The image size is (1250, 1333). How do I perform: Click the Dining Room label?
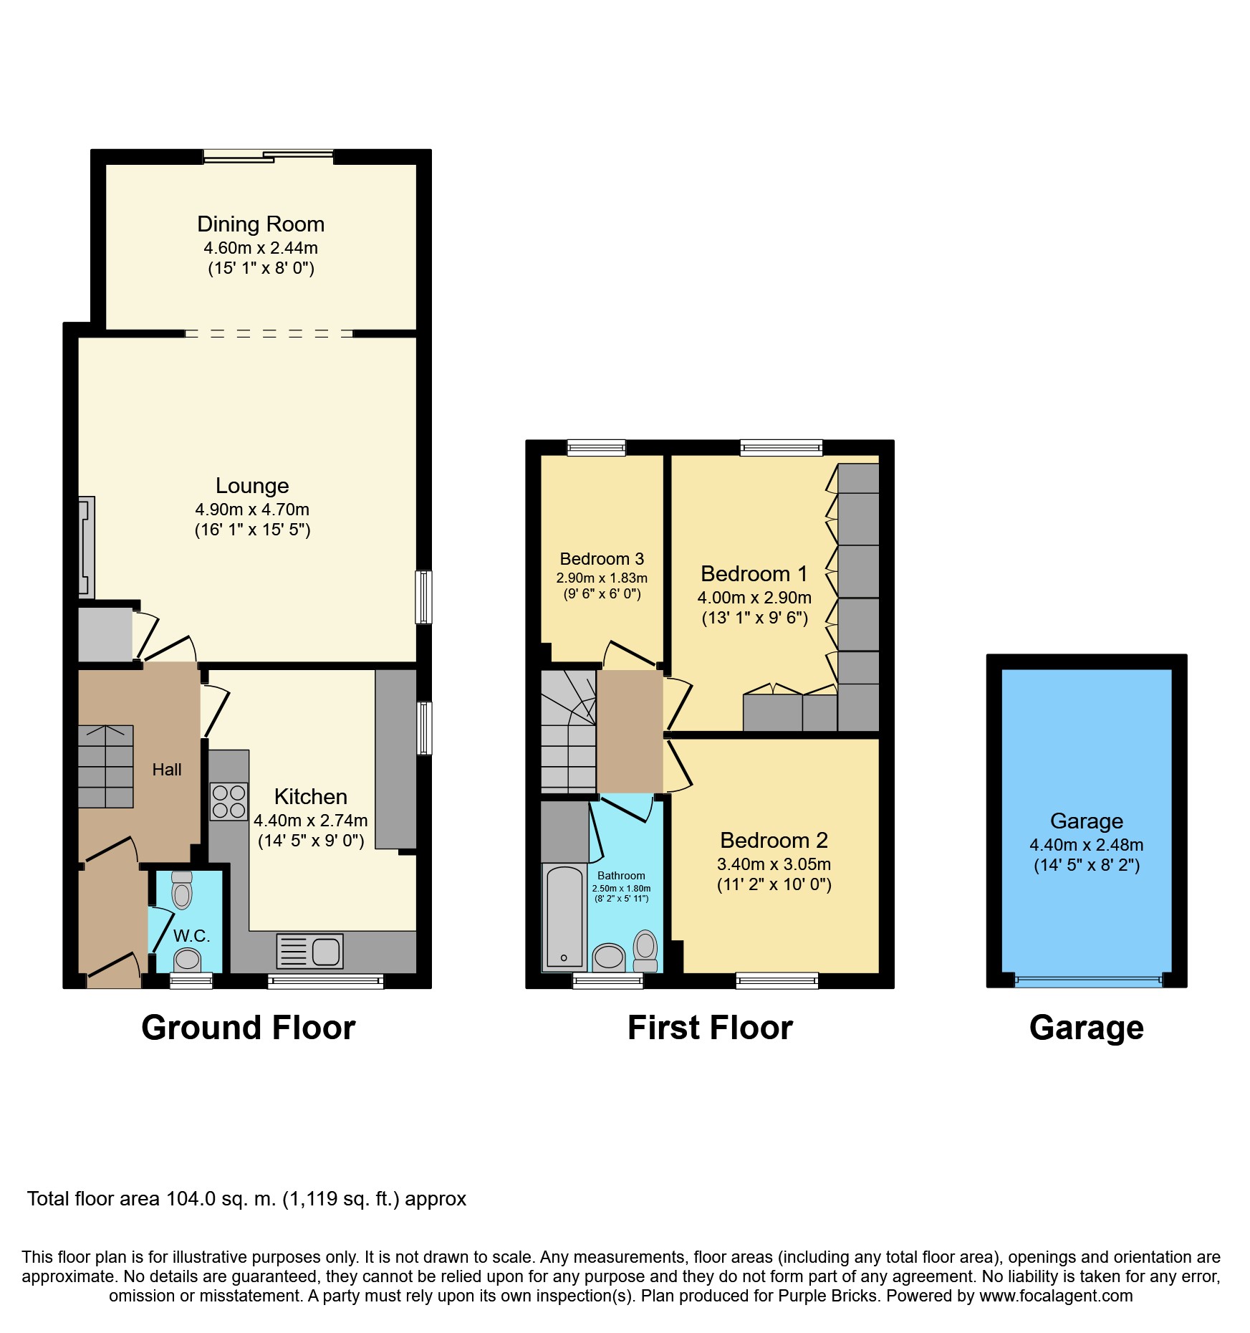coord(261,224)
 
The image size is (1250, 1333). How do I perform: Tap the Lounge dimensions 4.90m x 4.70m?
coord(252,510)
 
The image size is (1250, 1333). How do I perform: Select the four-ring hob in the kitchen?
coord(229,802)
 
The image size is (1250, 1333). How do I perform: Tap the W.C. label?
coord(191,936)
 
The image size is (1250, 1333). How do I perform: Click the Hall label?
coord(167,770)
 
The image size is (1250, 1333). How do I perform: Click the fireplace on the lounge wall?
coord(86,548)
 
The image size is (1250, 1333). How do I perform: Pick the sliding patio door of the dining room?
coord(269,156)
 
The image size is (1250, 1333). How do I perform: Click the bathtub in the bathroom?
coord(564,918)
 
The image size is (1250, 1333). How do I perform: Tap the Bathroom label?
coord(621,876)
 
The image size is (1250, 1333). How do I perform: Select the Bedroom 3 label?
coord(602,559)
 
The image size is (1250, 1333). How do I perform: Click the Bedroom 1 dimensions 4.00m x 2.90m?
coord(754,598)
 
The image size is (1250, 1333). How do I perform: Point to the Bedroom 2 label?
coord(774,840)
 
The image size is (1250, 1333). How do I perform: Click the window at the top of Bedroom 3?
coord(597,448)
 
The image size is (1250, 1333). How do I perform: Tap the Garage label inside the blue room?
coord(1086,821)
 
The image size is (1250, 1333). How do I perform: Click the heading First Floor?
coord(710,1028)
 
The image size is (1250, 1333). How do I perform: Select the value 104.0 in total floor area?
coord(191,1199)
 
